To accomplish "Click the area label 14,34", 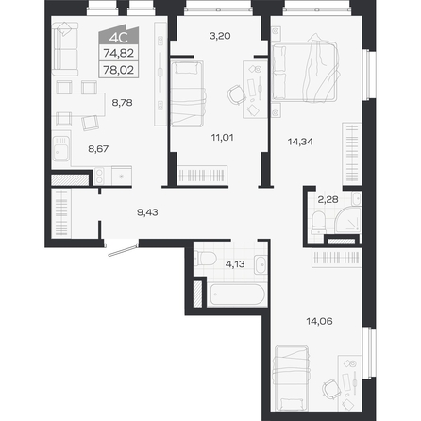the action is pyautogui.click(x=300, y=142).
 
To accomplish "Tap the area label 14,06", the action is pyautogui.click(x=319, y=321).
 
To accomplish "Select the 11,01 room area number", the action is pyautogui.click(x=222, y=138).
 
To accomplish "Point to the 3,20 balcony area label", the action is pyautogui.click(x=220, y=36).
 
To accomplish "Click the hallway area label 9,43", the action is pyautogui.click(x=147, y=212).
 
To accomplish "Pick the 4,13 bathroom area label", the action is pyautogui.click(x=235, y=264).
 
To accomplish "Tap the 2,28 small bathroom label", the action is pyautogui.click(x=328, y=199).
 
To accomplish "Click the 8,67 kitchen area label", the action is pyautogui.click(x=98, y=149).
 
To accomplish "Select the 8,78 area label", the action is pyautogui.click(x=122, y=103).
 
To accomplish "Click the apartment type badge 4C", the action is pyautogui.click(x=119, y=38).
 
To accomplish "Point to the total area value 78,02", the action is pyautogui.click(x=119, y=70).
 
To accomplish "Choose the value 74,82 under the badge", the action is pyautogui.click(x=119, y=53).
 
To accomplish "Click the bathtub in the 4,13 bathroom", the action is pyautogui.click(x=238, y=295).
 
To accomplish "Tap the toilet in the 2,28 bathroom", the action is pyautogui.click(x=318, y=223).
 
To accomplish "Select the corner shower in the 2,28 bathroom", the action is pyautogui.click(x=347, y=220).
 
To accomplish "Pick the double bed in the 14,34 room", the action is pyautogui.click(x=304, y=73).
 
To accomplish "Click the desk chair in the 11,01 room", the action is pyautogui.click(x=236, y=94).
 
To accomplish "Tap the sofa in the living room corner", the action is pyautogui.click(x=65, y=49).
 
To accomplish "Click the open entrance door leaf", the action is pyautogui.click(x=124, y=250).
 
